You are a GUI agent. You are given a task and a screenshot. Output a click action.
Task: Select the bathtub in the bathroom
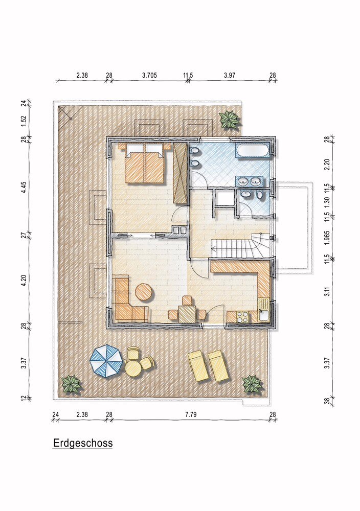(253, 151)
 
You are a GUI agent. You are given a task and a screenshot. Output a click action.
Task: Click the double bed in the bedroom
(145, 162)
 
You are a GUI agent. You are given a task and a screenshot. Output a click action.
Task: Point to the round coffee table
(144, 292)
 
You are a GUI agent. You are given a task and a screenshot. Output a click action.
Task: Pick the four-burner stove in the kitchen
(242, 317)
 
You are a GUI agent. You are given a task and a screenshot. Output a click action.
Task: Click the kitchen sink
(263, 315)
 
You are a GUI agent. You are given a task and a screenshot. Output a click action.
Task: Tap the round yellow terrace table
(133, 368)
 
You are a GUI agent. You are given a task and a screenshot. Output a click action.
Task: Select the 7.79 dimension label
(190, 414)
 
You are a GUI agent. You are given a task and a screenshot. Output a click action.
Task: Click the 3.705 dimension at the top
(149, 75)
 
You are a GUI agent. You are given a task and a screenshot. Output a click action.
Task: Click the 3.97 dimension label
(230, 75)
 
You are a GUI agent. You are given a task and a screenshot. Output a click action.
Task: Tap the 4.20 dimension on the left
(24, 280)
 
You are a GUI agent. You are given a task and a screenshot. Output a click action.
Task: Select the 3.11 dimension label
(328, 291)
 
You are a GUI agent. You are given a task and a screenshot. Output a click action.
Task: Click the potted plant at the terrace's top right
(230, 120)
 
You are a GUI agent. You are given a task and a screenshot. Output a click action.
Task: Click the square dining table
(188, 314)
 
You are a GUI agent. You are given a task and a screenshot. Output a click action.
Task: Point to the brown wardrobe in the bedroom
(180, 173)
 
